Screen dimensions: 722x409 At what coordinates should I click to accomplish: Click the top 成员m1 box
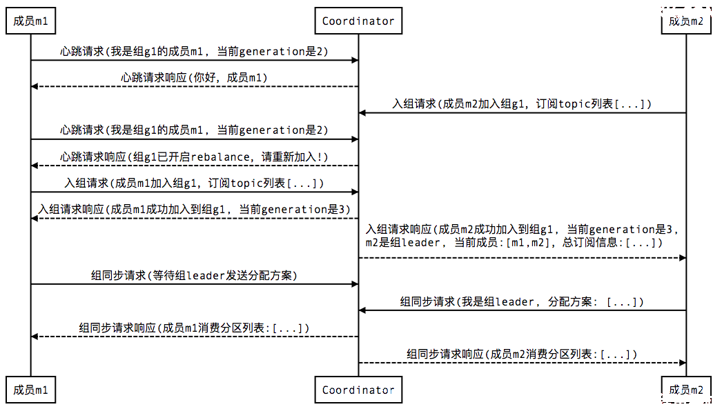click(31, 21)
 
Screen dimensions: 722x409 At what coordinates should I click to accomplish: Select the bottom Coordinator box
click(358, 390)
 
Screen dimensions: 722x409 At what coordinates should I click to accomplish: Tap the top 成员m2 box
click(686, 21)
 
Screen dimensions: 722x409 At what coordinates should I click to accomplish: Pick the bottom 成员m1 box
click(31, 390)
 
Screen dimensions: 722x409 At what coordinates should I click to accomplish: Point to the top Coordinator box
click(358, 21)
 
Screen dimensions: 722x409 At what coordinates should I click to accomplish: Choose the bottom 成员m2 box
click(686, 390)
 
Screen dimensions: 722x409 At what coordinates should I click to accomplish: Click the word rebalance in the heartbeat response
click(220, 157)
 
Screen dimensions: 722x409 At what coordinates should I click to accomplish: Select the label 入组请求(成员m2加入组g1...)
click(522, 103)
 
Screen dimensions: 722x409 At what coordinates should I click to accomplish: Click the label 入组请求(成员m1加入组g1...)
click(194, 183)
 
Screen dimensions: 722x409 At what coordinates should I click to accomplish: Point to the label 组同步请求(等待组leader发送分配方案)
click(194, 275)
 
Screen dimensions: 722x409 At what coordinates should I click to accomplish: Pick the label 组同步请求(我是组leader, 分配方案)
click(522, 302)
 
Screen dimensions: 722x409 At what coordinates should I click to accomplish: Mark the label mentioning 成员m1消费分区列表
click(194, 328)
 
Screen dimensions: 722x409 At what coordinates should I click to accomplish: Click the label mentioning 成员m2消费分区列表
click(522, 355)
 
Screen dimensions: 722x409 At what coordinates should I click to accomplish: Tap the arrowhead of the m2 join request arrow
click(362, 112)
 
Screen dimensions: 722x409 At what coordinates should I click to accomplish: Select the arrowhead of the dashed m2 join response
click(683, 258)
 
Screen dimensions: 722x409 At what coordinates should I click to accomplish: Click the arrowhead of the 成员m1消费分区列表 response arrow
click(35, 337)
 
